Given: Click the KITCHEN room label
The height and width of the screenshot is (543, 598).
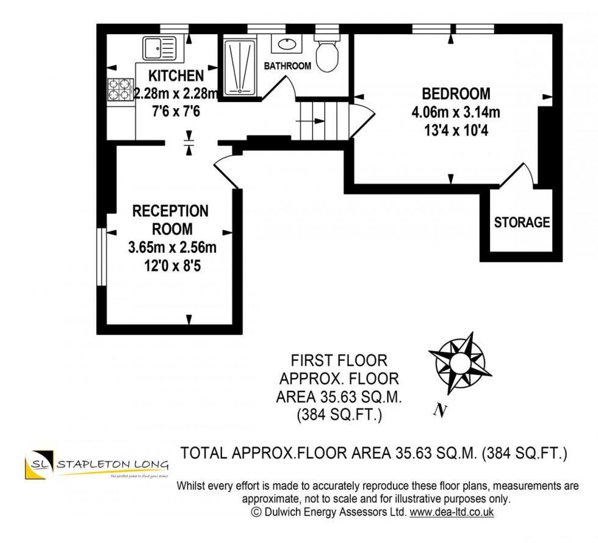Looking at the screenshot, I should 176,76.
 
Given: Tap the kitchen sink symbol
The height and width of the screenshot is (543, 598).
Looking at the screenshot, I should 159,47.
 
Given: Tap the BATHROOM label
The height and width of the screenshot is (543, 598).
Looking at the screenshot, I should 287,66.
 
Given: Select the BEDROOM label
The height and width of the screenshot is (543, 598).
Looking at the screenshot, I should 456,94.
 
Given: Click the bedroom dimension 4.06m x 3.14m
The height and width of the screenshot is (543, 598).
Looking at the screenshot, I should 456,112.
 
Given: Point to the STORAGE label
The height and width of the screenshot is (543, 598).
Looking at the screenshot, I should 522,223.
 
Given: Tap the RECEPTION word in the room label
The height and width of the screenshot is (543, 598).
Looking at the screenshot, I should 170,211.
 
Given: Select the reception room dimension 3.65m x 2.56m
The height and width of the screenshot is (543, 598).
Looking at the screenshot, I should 172,249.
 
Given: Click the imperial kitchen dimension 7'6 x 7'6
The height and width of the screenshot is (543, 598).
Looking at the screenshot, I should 176,112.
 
